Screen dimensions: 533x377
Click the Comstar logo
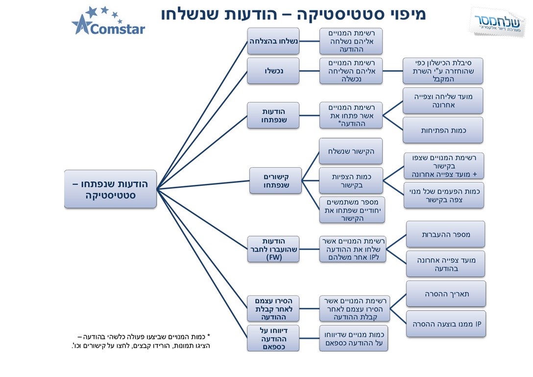(x=108, y=21)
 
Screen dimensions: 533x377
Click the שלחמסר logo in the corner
(x=497, y=23)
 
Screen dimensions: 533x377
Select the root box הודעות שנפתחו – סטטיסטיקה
(x=110, y=189)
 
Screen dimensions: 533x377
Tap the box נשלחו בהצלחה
(x=273, y=41)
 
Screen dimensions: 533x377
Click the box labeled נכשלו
(x=273, y=71)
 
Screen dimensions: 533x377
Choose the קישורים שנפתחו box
(x=276, y=181)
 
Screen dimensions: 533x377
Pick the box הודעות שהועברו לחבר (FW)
(x=273, y=250)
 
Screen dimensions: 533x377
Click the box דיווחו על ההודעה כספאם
(x=273, y=339)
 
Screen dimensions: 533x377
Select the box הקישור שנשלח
(x=351, y=151)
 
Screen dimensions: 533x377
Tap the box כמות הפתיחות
(x=443, y=130)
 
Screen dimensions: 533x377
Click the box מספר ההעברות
(x=446, y=234)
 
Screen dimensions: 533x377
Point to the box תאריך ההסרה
(x=446, y=294)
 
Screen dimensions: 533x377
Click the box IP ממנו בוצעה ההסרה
(x=446, y=324)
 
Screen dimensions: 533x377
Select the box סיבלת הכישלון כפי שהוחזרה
(x=443, y=71)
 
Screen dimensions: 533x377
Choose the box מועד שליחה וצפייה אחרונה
(x=443, y=101)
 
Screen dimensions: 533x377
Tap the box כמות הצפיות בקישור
(x=351, y=181)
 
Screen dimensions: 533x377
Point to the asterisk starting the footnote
(x=209, y=336)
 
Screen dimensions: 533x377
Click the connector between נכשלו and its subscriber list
(x=309, y=71)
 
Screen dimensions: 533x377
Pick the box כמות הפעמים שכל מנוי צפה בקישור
(x=444, y=196)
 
